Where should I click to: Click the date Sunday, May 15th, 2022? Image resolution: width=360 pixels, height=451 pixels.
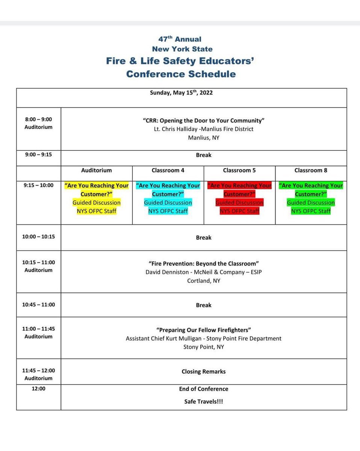tap(181, 93)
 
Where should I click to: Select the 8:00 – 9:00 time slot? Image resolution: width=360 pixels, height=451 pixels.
tap(38, 119)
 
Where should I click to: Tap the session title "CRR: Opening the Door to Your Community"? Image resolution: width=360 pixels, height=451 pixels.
tap(204, 121)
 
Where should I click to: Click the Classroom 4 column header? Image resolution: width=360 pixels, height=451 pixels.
tap(168, 170)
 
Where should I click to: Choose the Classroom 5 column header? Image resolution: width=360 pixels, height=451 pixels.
tap(239, 170)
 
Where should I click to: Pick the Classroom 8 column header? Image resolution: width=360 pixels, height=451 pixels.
tap(311, 170)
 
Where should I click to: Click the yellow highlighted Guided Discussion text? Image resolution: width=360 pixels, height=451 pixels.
tap(97, 203)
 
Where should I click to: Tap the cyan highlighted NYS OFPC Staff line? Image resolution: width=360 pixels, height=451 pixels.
tap(168, 211)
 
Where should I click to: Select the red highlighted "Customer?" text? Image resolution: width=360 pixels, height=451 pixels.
tap(239, 194)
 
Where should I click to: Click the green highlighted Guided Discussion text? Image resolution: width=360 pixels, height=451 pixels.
tap(311, 203)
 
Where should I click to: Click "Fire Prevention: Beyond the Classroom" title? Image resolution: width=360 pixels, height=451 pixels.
tap(204, 263)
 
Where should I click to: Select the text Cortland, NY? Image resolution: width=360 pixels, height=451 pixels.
tap(204, 281)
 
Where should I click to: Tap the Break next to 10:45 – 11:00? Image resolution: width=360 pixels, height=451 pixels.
tap(204, 305)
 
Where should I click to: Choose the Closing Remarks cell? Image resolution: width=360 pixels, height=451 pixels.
tap(204, 371)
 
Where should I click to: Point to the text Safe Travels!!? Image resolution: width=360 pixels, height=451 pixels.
tap(204, 401)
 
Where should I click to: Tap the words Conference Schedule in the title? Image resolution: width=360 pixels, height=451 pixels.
tap(181, 74)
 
